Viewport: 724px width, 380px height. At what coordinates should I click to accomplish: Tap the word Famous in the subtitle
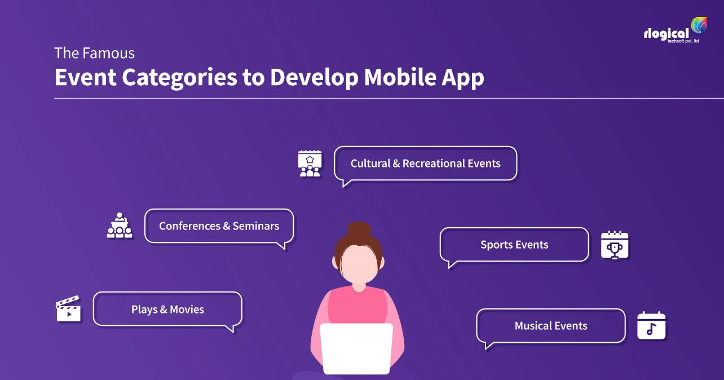click(x=108, y=54)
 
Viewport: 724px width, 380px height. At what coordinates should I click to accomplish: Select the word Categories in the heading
click(x=179, y=78)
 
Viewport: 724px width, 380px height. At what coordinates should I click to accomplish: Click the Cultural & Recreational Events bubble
click(x=425, y=164)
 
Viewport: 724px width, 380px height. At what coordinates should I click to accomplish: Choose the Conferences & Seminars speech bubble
click(x=219, y=226)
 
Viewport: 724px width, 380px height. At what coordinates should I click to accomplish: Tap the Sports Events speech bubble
click(x=514, y=245)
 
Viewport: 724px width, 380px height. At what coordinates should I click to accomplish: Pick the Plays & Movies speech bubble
click(x=167, y=309)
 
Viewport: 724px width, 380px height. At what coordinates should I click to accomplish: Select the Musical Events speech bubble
click(x=550, y=326)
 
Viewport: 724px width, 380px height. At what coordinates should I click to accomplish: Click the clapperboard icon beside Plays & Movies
click(x=68, y=309)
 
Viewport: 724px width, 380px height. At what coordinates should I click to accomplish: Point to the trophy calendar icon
click(x=614, y=245)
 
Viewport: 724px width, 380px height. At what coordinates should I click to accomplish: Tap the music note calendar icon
click(x=651, y=326)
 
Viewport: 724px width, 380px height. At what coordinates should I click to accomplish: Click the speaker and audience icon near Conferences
click(x=120, y=226)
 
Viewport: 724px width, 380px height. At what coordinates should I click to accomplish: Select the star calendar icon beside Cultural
click(x=310, y=164)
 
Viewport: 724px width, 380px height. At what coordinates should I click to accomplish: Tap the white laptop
click(x=356, y=348)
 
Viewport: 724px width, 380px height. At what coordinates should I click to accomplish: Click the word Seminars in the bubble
click(x=256, y=226)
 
